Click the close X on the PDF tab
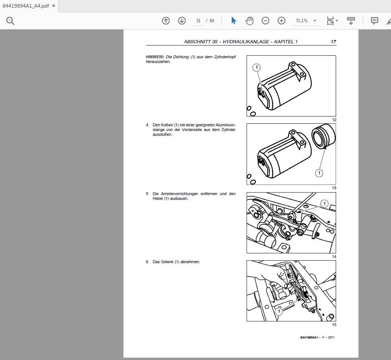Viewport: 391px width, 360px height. (53, 6)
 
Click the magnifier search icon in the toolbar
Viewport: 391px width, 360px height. (10, 21)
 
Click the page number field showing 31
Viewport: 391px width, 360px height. (198, 21)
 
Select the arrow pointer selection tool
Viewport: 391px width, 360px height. (234, 21)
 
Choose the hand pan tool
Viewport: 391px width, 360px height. (250, 21)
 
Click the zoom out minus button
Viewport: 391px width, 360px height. (266, 21)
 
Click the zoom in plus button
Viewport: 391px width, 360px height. (282, 21)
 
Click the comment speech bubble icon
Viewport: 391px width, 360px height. (374, 21)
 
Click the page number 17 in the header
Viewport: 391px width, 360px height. (333, 42)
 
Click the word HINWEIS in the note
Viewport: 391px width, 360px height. (155, 57)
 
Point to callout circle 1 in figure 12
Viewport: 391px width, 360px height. (256, 67)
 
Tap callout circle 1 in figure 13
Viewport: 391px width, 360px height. (319, 173)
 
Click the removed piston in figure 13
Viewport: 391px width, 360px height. (323, 137)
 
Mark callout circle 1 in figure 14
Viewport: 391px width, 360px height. (324, 203)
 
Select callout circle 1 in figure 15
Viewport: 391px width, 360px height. (279, 312)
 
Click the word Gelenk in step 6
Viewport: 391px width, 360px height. (167, 262)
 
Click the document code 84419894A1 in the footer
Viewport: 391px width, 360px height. (309, 337)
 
